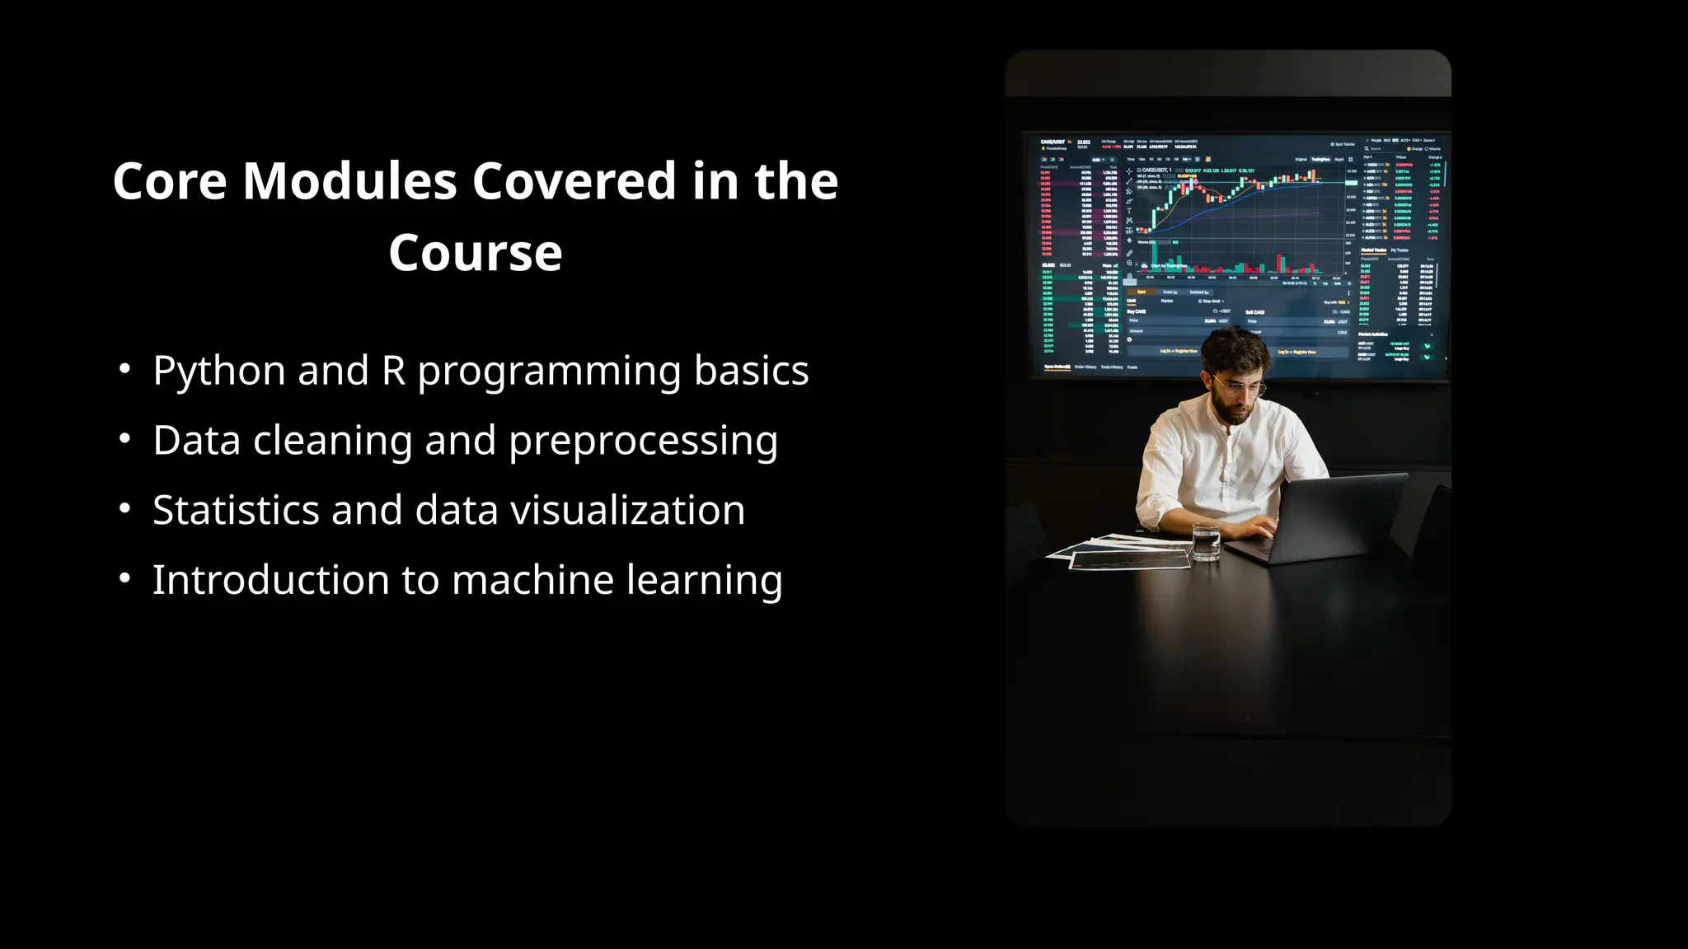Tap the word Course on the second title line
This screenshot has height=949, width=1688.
476,253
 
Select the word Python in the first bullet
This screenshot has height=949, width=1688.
218,372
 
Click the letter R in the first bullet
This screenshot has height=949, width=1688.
393,371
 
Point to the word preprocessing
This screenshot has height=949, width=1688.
643,442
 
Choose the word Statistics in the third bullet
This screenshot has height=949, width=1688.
236,510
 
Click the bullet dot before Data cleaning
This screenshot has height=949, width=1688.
124,439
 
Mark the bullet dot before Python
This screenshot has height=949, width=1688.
124,369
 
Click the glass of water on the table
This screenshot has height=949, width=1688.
1206,543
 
